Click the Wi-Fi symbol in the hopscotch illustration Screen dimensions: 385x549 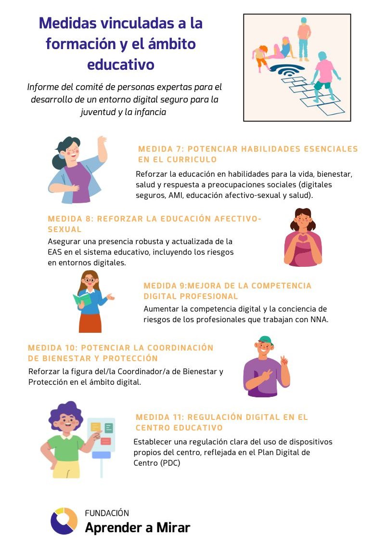coord(287,70)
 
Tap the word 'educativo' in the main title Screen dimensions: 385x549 coord(121,65)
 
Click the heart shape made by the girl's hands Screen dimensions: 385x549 coord(303,239)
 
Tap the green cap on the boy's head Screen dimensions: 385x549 coord(265,340)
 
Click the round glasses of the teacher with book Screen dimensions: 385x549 coord(90,280)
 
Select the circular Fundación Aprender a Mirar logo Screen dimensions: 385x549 coord(64,521)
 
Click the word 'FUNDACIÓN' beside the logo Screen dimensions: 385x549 coord(107,513)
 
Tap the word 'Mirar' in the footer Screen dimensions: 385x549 coord(173,528)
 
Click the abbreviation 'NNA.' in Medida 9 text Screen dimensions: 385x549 coord(319,319)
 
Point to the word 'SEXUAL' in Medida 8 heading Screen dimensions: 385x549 coord(64,229)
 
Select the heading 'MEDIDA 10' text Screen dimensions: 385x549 coord(52,348)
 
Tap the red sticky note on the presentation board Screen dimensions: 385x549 coord(106,441)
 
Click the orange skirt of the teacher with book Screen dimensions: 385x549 coord(90,323)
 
